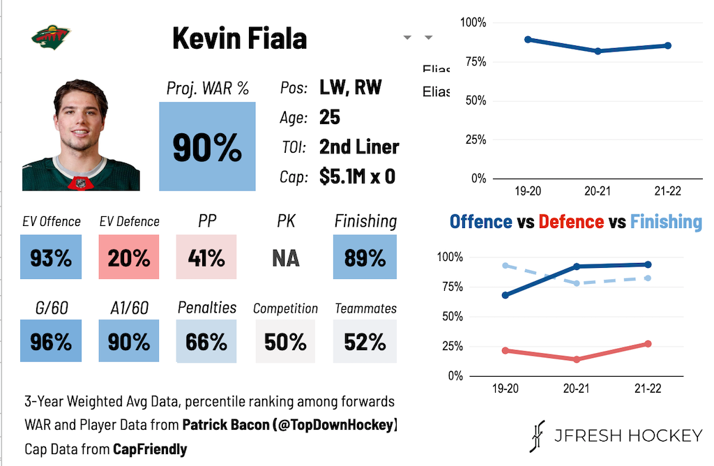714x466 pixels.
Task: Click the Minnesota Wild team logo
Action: point(51,36)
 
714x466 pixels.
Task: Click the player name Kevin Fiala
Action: point(239,38)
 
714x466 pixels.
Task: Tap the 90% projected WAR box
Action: point(207,146)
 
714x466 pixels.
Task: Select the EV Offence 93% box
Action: point(51,257)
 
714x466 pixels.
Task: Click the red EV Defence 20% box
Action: point(129,257)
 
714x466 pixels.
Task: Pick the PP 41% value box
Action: point(206,257)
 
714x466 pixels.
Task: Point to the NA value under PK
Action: point(286,258)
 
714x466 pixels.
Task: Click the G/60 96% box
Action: point(51,341)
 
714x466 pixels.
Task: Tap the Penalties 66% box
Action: point(206,341)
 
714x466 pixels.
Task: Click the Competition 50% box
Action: point(286,341)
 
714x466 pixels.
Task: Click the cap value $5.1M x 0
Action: point(357,176)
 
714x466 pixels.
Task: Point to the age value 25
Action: point(330,117)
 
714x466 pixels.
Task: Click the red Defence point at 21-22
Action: point(648,344)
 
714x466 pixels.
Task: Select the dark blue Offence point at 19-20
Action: point(505,295)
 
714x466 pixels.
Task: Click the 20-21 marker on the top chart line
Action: point(598,51)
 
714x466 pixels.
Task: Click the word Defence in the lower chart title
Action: point(571,222)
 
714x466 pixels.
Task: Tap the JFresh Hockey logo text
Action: point(628,436)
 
